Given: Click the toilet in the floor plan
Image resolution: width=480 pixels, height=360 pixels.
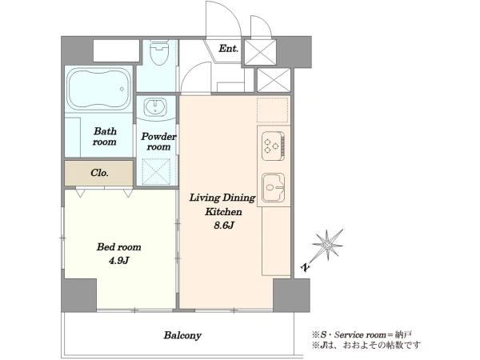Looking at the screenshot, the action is (159, 52).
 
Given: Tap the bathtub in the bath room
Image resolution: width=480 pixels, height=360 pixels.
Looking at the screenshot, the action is (99, 89).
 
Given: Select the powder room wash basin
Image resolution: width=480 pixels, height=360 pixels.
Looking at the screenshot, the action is (155, 107).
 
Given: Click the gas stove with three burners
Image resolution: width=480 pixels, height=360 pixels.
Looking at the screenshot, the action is (274, 146).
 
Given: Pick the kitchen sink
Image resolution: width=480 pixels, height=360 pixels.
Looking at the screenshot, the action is (274, 187).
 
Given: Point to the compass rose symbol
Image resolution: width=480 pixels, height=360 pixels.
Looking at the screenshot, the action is (327, 245).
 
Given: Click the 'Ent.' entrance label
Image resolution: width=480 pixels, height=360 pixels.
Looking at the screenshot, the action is (228, 48).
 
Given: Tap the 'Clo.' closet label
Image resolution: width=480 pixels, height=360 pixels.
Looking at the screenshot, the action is (99, 173).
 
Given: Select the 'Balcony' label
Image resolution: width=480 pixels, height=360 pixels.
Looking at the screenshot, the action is (182, 335).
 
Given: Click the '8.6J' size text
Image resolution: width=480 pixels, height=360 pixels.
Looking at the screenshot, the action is (224, 226).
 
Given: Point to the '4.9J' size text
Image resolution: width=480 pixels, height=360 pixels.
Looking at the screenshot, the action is (118, 261).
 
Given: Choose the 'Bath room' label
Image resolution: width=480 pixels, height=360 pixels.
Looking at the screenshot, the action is (105, 137).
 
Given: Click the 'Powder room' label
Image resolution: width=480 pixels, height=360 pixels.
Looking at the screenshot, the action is (158, 142).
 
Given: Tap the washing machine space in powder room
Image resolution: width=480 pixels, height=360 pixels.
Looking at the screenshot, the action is (156, 171).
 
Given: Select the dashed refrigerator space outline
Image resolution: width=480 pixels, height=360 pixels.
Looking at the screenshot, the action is (273, 110).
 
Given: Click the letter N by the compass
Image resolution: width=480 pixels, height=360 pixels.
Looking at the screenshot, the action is (306, 267).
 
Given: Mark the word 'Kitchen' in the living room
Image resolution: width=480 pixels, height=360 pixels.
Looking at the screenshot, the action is (223, 212).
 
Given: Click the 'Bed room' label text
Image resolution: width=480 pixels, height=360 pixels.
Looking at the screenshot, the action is (118, 247).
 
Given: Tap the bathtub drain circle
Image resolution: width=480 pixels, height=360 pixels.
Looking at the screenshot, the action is (122, 89).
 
